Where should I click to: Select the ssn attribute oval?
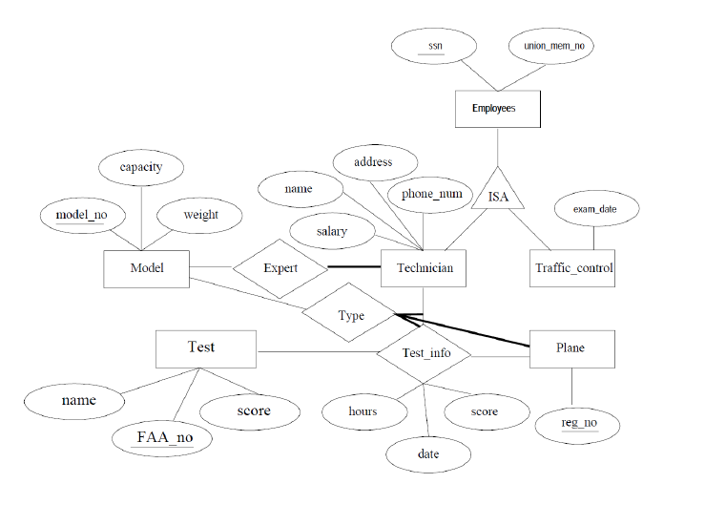435,45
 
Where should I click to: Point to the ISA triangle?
498,194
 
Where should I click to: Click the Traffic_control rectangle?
571,268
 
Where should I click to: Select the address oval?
373,162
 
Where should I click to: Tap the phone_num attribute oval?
431,194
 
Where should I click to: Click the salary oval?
331,231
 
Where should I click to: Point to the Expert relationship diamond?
280,268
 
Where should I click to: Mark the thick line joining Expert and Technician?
354,267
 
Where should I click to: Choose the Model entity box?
146,268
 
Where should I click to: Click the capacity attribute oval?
140,167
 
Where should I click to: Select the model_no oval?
81,215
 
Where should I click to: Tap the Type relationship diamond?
351,315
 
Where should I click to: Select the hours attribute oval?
363,411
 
